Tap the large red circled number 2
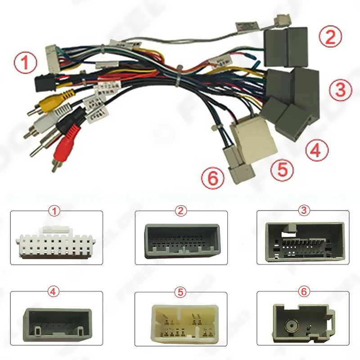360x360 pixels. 331,36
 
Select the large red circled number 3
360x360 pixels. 340,90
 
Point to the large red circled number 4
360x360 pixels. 316,150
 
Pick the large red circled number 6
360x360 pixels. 213,178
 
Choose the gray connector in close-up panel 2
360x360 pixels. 182,241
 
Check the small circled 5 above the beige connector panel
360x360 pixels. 181,292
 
